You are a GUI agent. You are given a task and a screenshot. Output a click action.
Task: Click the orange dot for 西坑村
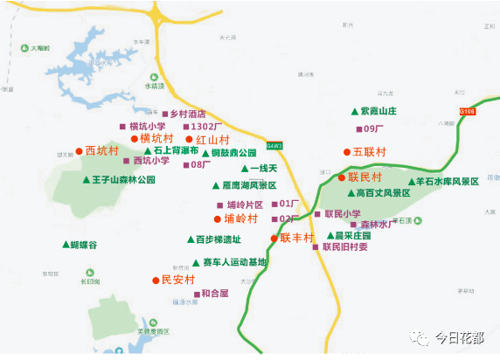[79, 150]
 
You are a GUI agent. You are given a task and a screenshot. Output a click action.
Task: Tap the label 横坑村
[156, 138]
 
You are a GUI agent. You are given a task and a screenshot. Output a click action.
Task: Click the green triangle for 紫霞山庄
[354, 111]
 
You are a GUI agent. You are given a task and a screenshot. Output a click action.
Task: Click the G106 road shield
[468, 111]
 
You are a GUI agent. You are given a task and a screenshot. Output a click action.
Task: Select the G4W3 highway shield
[274, 145]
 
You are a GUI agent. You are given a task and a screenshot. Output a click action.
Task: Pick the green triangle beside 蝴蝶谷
[65, 245]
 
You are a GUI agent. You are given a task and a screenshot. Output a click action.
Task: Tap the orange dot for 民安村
[156, 280]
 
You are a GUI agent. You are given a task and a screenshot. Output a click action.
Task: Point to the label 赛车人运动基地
[234, 261]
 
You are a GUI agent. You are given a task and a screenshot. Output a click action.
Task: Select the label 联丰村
[297, 238]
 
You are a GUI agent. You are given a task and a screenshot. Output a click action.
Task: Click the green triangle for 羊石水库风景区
[410, 182]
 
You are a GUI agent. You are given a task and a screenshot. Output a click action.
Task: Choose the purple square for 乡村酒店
[164, 114]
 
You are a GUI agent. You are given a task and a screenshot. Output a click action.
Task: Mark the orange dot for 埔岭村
[218, 218]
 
